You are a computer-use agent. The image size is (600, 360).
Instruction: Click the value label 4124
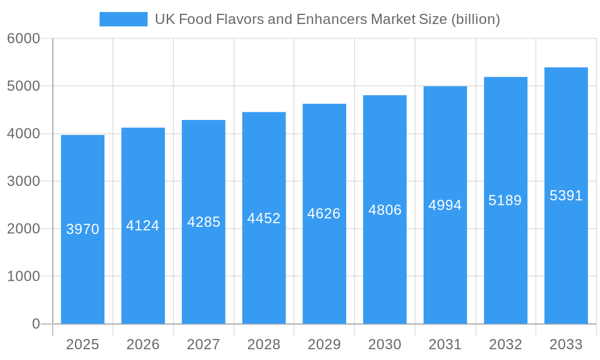[x=143, y=226]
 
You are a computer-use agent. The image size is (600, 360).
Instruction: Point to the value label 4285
[x=204, y=222]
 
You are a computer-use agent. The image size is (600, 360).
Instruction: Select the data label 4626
[x=324, y=214]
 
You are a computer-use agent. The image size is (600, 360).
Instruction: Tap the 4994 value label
[x=445, y=205]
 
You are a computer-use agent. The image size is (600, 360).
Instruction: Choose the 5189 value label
[x=505, y=200]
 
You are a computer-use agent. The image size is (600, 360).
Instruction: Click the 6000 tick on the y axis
[x=23, y=38]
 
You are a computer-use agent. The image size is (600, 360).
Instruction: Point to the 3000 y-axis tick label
[x=23, y=181]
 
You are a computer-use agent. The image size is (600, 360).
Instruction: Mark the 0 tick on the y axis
[x=36, y=324]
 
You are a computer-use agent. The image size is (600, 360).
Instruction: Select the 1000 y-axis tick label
[x=23, y=277]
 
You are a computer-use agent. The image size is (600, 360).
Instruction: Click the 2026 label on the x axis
[x=143, y=345]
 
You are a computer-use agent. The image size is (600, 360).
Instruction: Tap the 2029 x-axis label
[x=324, y=345]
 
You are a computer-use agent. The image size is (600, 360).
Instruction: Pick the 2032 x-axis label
[x=505, y=345]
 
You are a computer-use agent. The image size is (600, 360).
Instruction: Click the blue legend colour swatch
[x=124, y=19]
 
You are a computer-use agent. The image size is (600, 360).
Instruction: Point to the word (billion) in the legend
[x=476, y=19]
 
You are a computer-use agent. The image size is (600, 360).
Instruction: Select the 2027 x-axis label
[x=203, y=345]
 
